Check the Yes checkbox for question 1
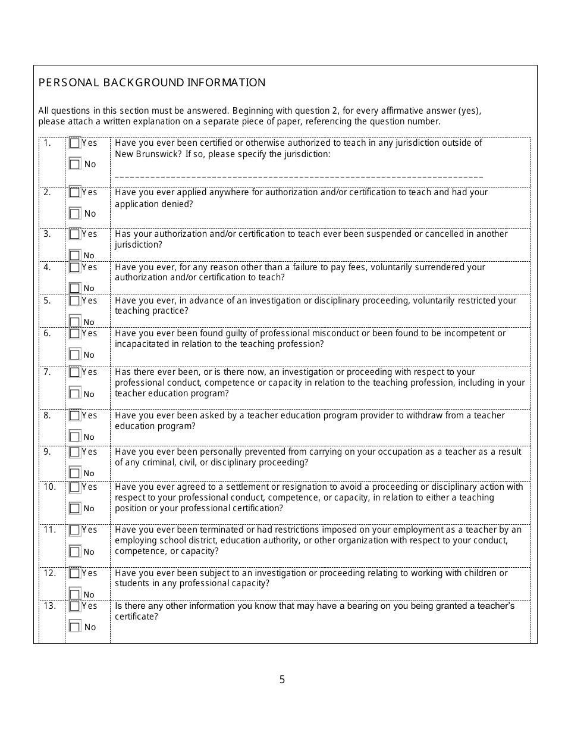(x=74, y=143)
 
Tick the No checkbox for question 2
(x=74, y=213)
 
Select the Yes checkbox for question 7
(x=74, y=373)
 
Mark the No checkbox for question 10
(x=74, y=508)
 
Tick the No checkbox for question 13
(x=74, y=627)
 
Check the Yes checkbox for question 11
(x=74, y=530)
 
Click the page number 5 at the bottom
(x=282, y=680)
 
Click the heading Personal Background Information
(x=152, y=83)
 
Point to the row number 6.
(x=48, y=333)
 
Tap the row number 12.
(x=49, y=573)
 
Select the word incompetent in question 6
(x=472, y=333)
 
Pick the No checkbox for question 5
(x=74, y=321)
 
